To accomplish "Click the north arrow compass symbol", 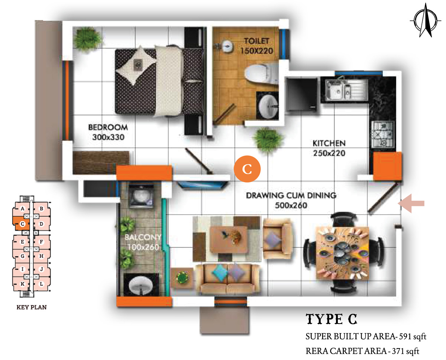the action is click(x=426, y=21).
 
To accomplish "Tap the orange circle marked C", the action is click(x=247, y=169).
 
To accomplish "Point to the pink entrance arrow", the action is click(x=411, y=203).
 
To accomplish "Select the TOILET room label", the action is click(x=256, y=41).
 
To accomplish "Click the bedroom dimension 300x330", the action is click(x=108, y=137).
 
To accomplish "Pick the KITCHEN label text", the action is click(x=329, y=143).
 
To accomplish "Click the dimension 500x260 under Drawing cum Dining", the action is click(x=291, y=205).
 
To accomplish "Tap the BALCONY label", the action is click(x=143, y=237).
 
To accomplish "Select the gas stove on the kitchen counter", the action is click(x=382, y=134).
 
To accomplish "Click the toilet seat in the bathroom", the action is click(x=262, y=74).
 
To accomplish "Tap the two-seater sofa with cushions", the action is click(x=227, y=279).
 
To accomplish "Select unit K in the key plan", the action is click(x=22, y=284).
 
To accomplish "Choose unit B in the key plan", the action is click(x=42, y=209).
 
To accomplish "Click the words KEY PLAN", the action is click(x=32, y=307).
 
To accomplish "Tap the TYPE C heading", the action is click(x=332, y=319).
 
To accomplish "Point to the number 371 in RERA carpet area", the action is click(x=398, y=351).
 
